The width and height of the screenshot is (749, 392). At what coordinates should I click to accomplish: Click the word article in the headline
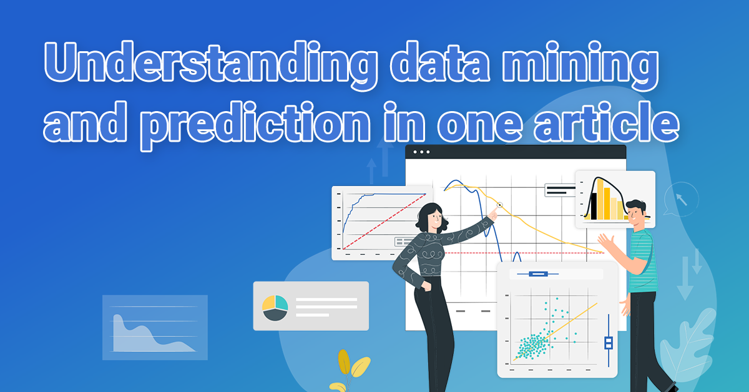(606, 122)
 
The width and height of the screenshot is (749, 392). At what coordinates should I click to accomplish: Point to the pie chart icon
(275, 307)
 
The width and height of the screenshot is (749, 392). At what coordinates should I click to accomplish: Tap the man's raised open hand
(606, 243)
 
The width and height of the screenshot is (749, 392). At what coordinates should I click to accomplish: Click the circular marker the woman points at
(499, 205)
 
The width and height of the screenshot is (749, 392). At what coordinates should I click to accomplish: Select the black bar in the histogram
(594, 206)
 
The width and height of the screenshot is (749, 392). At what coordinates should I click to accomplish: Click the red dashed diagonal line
(384, 222)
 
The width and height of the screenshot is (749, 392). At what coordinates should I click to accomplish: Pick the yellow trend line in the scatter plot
(555, 332)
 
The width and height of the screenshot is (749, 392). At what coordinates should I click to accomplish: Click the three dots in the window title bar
(421, 152)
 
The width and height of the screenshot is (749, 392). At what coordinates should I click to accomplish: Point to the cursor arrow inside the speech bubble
(682, 199)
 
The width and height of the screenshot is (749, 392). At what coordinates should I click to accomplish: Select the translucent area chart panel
(155, 328)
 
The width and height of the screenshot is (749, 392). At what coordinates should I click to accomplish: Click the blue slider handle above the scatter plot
(538, 274)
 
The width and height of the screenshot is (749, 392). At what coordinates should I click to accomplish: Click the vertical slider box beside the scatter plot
(608, 343)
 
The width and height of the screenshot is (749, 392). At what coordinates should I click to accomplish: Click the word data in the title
(439, 62)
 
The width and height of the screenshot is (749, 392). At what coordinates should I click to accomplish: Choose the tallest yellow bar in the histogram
(600, 200)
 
